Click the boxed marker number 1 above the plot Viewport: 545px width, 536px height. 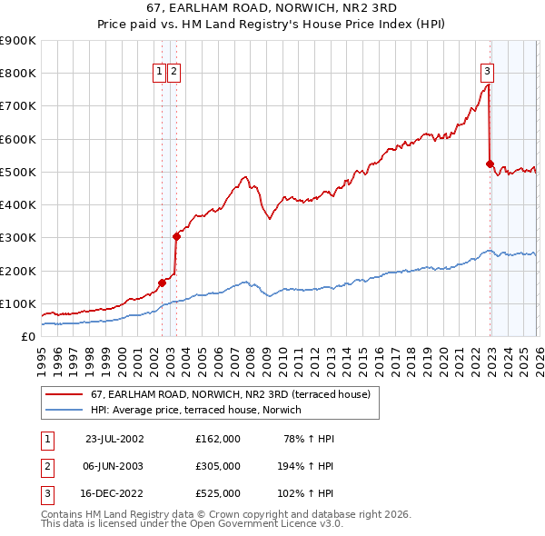coord(160,72)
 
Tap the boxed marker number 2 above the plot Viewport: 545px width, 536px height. coord(173,72)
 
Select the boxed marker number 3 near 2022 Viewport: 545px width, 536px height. coord(487,72)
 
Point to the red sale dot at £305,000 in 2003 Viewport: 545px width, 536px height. coord(176,236)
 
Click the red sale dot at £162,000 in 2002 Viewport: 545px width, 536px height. coord(163,283)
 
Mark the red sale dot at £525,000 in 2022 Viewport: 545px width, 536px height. coord(490,164)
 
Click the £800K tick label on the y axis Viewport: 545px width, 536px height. coord(18,74)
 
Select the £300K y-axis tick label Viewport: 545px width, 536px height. coord(18,238)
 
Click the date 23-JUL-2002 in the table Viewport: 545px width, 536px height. coord(114,438)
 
